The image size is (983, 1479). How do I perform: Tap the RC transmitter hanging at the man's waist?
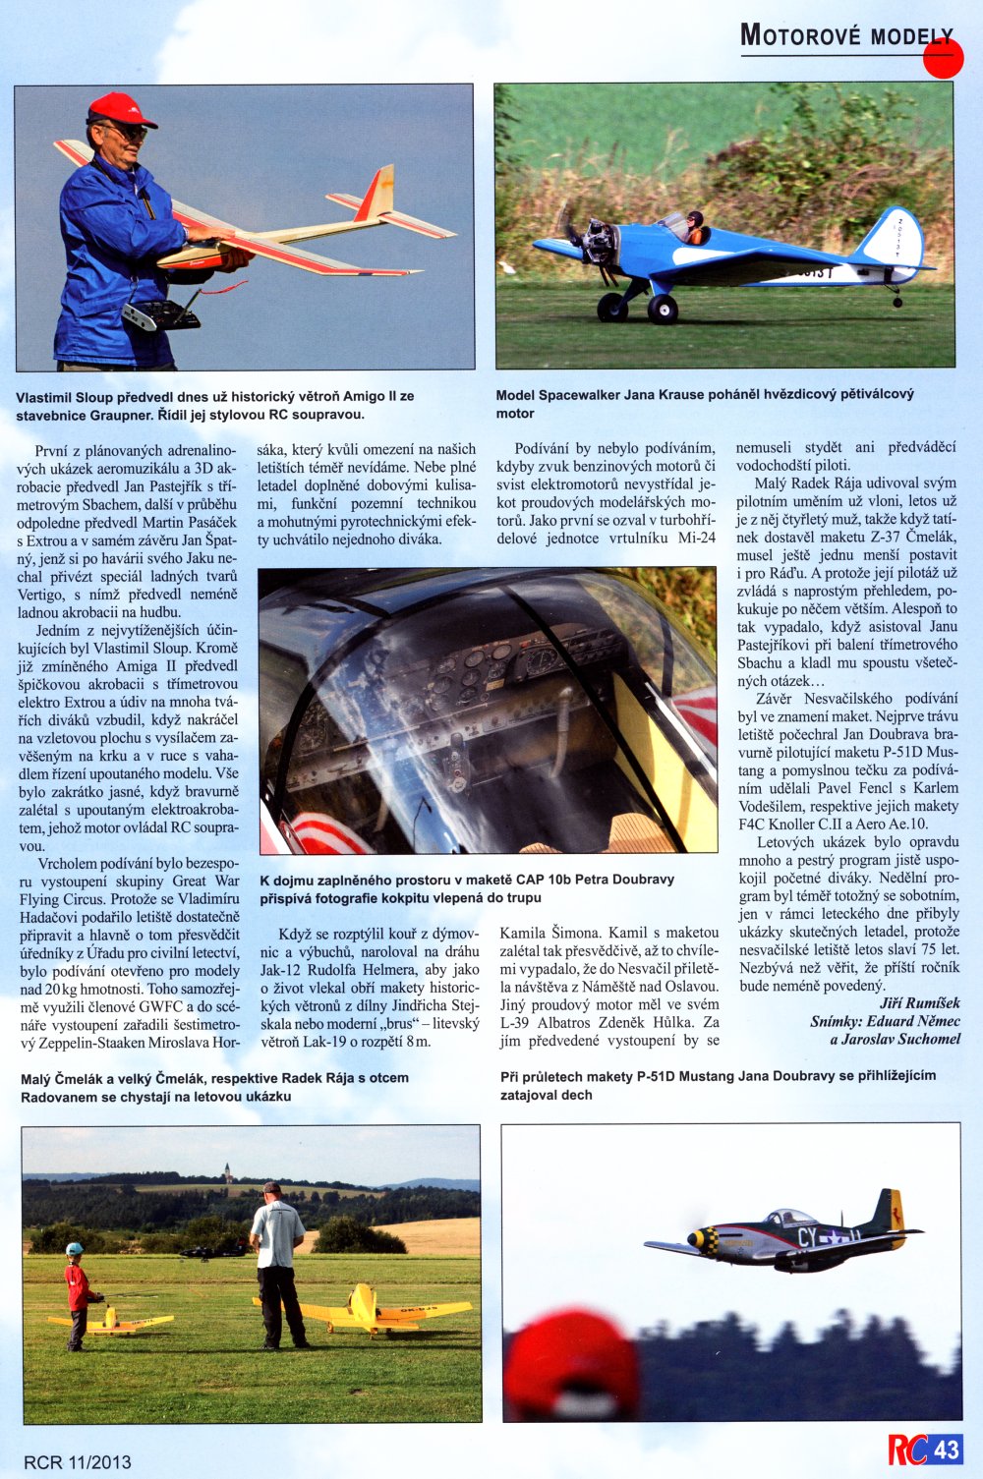click(160, 315)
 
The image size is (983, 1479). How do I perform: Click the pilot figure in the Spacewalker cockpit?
click(694, 228)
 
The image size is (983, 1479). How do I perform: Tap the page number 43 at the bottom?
click(947, 1450)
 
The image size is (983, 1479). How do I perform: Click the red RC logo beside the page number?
click(907, 1450)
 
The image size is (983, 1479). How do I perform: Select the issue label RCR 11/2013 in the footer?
click(78, 1462)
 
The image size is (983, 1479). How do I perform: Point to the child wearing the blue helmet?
click(77, 1292)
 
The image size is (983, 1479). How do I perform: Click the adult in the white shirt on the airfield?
click(278, 1263)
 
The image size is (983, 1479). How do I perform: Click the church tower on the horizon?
click(228, 1172)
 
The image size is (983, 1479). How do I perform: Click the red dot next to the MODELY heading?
click(944, 58)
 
